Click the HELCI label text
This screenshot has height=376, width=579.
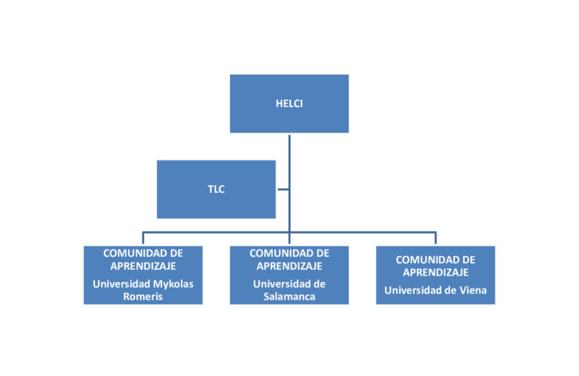[289, 104]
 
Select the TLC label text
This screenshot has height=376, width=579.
[216, 189]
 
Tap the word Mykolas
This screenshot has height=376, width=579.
[173, 285]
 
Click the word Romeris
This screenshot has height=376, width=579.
[143, 297]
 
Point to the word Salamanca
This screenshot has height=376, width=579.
[289, 297]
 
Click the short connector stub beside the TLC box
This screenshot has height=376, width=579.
[283, 189]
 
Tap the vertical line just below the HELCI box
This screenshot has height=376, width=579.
[289, 162]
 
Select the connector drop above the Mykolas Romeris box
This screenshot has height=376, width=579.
[143, 238]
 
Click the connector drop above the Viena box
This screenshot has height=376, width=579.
[436, 238]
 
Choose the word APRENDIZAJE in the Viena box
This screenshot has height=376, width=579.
[436, 272]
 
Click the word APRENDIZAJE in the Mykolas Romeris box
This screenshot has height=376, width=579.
[143, 266]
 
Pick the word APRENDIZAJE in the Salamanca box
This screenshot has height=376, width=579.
[289, 266]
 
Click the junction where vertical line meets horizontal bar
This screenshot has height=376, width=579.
[289, 233]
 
